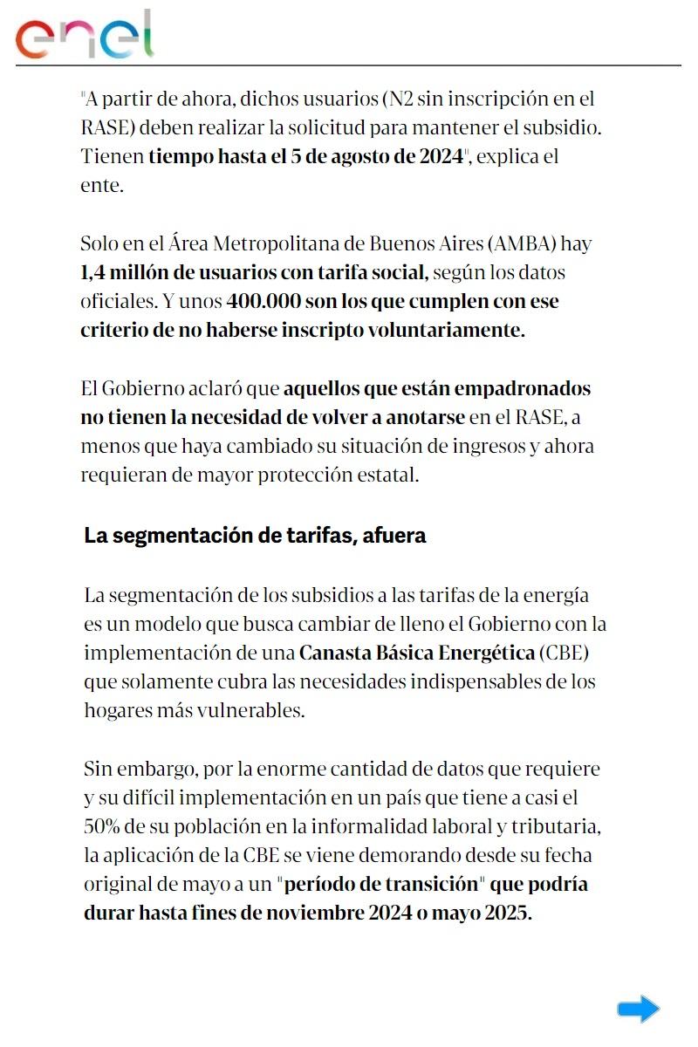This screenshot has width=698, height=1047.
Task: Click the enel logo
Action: pos(85,36)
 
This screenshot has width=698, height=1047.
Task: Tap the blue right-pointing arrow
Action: pos(638,1009)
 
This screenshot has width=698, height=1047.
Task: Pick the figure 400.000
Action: pos(263,302)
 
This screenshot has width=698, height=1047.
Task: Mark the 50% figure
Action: pos(104,825)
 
